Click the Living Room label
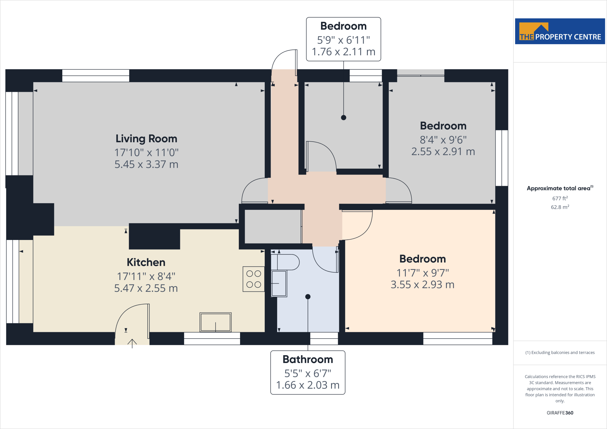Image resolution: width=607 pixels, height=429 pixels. point(146,139)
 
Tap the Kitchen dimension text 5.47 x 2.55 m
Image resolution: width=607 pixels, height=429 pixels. point(146,288)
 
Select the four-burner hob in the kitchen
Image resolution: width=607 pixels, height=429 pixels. point(254,279)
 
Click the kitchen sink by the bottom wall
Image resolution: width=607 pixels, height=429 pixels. point(215,322)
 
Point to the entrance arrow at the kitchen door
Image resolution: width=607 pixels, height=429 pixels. point(132,343)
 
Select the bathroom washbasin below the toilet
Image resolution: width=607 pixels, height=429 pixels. point(279,284)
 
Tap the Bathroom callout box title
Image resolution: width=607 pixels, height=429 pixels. point(308,359)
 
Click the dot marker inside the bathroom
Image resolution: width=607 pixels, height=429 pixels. point(308,297)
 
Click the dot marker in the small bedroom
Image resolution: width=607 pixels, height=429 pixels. point(344,118)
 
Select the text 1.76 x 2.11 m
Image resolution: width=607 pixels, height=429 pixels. point(344,52)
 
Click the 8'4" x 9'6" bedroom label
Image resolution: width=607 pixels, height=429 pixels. point(443,140)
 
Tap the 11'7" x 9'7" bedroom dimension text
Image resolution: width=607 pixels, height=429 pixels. point(422,273)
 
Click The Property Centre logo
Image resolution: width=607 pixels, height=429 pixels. point(560,31)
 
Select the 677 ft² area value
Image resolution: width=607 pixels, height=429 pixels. point(560,198)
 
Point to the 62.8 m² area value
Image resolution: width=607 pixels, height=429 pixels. point(560,207)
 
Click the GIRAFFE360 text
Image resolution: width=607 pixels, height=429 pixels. point(560,413)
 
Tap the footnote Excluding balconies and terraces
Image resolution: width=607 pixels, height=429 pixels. point(560,353)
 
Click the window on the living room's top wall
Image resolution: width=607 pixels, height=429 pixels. point(96,76)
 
